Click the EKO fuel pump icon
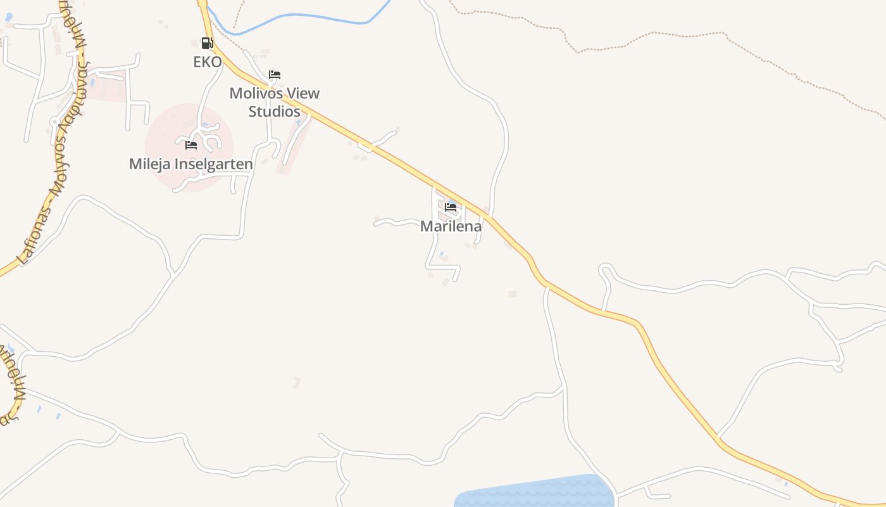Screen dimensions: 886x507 point(207,43)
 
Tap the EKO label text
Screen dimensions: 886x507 point(208,62)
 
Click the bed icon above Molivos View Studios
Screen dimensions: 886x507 point(275,75)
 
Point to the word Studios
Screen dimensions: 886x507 point(274,112)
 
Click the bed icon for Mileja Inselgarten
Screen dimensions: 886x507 point(191,145)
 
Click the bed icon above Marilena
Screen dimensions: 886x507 point(451,207)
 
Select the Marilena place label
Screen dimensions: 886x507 point(451,226)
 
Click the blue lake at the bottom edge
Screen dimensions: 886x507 point(535,493)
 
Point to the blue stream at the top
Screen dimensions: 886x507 point(297,17)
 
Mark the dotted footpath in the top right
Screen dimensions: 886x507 point(664,38)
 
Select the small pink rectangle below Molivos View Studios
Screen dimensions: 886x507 point(292,146)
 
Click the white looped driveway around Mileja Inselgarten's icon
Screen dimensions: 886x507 point(204,134)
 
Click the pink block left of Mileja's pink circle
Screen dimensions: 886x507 point(104,89)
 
